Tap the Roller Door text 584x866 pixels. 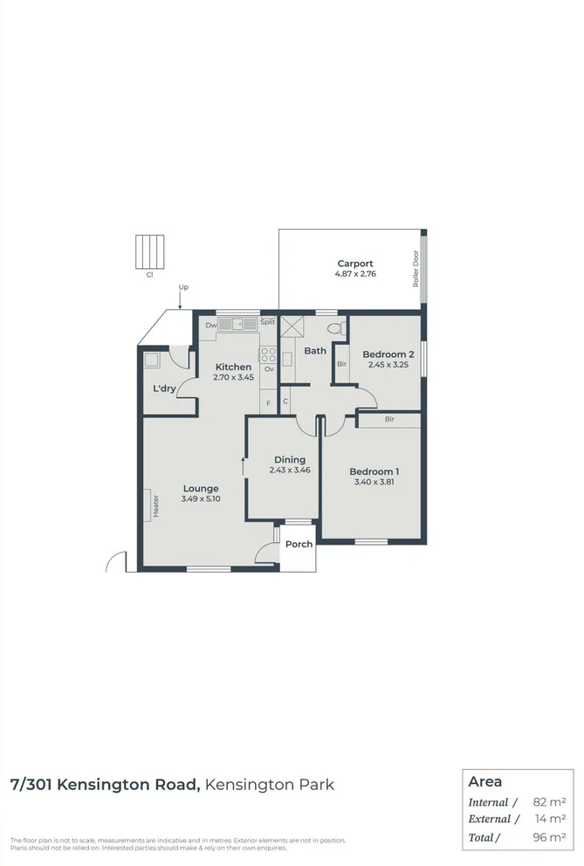(416, 269)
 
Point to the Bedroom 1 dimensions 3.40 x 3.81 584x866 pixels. (376, 482)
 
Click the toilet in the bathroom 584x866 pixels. (333, 328)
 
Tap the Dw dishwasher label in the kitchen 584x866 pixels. (210, 326)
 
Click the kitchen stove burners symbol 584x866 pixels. (268, 355)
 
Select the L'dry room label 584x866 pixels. (165, 388)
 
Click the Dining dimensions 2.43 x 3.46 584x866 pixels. (290, 470)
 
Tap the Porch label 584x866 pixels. (299, 544)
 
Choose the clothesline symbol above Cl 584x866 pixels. (149, 251)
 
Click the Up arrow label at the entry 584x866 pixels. (183, 287)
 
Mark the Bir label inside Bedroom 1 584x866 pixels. (389, 420)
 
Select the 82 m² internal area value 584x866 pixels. (548, 801)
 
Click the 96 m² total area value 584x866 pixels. (548, 837)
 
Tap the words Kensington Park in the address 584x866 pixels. (271, 784)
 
